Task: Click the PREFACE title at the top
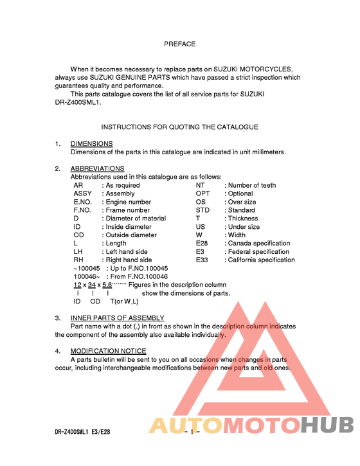[179, 44]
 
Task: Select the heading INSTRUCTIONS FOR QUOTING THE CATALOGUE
[179, 127]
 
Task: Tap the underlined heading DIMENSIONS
[91, 144]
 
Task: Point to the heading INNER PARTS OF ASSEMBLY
[117, 318]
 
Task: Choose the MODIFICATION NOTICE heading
[108, 351]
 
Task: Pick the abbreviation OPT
[203, 193]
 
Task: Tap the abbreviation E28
[202, 244]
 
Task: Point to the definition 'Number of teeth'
[252, 185]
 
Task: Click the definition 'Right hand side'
[129, 260]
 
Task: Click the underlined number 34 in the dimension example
[91, 285]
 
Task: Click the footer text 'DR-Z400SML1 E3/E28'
[82, 433]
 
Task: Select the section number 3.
[57, 318]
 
